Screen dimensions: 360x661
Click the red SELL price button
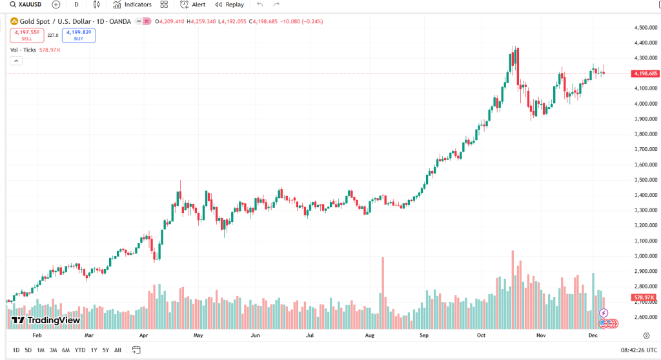[26, 35]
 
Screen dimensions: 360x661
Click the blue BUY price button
[79, 35]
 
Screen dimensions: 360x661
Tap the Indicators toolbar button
[132, 5]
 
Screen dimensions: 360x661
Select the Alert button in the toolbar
[193, 5]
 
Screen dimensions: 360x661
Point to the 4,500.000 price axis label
[645, 28]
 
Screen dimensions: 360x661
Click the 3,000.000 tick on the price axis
[645, 256]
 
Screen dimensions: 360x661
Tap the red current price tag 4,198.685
[646, 74]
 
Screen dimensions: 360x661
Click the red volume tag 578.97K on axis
[645, 297]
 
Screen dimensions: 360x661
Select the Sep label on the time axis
[424, 335]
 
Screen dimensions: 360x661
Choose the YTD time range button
[80, 350]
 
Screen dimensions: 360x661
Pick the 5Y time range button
[105, 350]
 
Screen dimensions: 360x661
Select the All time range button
[117, 350]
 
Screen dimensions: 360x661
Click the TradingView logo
[46, 320]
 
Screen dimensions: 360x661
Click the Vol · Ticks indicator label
[23, 50]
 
